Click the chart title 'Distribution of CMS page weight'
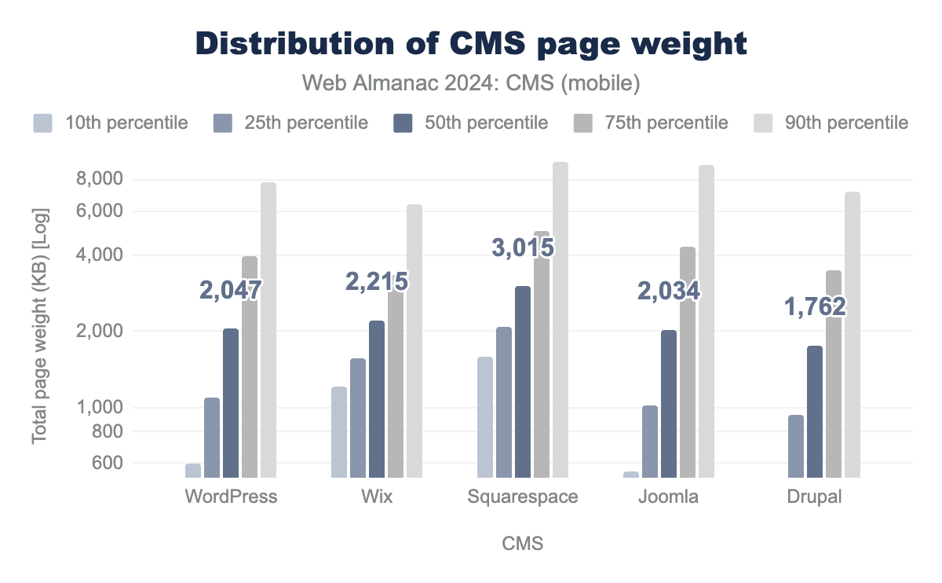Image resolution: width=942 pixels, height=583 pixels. tap(471, 43)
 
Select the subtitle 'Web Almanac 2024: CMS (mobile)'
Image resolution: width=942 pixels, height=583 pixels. tap(471, 82)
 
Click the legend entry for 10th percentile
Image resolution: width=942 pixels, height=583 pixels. tap(110, 123)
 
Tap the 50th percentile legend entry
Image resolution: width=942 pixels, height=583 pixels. tap(469, 123)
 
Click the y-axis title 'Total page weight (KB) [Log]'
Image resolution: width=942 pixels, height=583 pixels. tap(40, 324)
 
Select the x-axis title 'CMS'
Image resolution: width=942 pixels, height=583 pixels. tap(522, 544)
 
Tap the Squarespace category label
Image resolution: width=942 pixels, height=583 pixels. tap(522, 497)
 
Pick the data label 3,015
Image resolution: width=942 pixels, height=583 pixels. tap(523, 247)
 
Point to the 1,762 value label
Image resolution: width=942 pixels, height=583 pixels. tap(815, 307)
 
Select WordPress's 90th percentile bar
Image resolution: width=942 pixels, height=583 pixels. tap(268, 330)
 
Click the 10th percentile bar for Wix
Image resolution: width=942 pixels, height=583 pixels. tap(339, 432)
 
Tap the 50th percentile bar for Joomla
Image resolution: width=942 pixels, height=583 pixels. tap(669, 404)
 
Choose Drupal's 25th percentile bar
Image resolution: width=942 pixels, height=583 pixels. tap(796, 446)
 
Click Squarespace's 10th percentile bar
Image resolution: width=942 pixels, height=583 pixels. tap(485, 417)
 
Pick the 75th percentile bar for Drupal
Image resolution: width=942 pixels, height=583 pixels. tap(834, 374)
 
